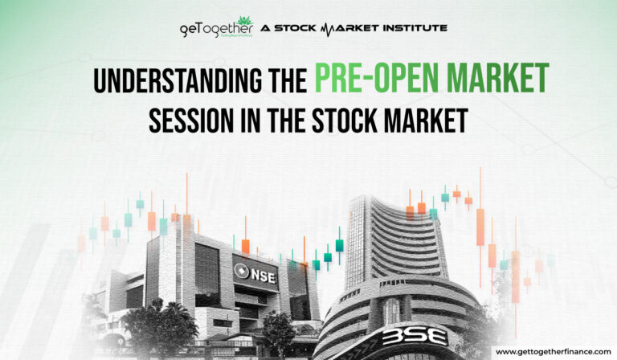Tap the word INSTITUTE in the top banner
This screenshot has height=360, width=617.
(408, 28)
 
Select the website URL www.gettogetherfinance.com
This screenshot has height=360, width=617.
(552, 351)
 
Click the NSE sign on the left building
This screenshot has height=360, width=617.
(256, 272)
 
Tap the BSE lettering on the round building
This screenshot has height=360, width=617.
(415, 336)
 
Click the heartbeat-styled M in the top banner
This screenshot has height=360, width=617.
(329, 28)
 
